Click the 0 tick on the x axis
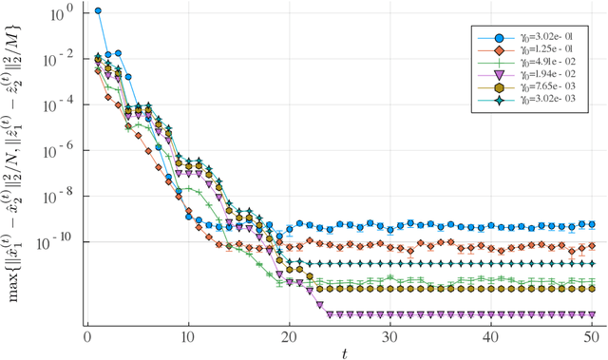[x=87, y=336]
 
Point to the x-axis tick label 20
[x=289, y=336]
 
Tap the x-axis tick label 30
[x=389, y=336]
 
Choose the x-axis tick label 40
[x=490, y=336]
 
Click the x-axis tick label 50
[x=591, y=336]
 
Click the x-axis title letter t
[x=344, y=352]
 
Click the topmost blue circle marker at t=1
[x=98, y=11]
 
